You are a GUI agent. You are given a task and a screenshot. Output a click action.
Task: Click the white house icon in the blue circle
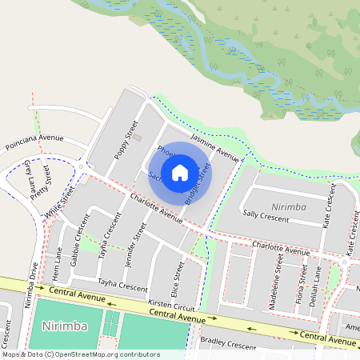tap(180, 172)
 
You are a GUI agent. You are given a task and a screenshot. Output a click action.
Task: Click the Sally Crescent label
tap(266, 216)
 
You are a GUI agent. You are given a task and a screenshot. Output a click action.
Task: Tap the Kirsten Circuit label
tap(171, 306)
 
